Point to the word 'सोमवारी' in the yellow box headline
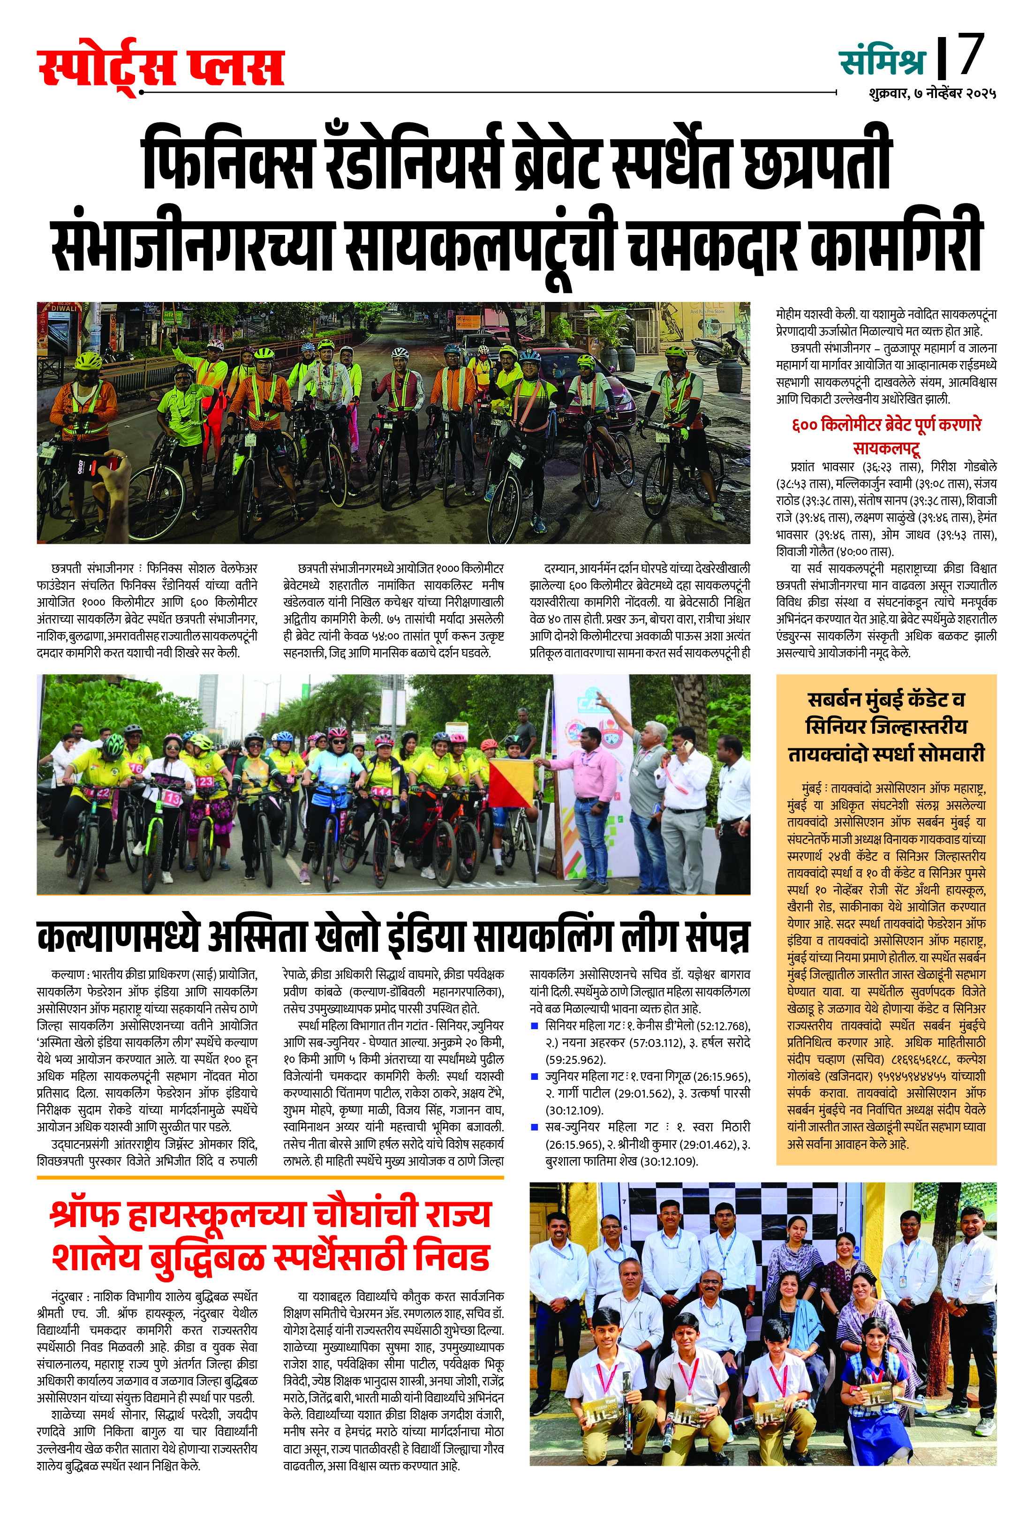pos(949,754)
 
